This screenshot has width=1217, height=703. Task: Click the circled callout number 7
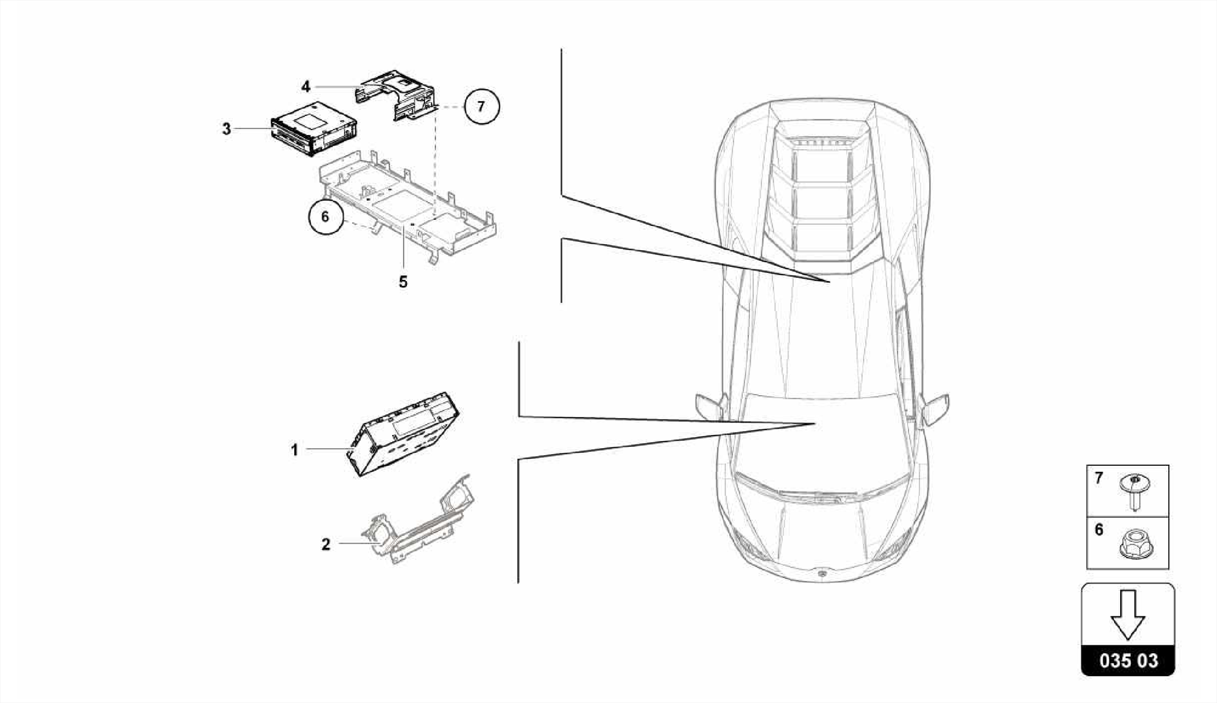pyautogui.click(x=481, y=107)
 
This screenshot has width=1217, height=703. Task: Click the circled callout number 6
pyautogui.click(x=325, y=217)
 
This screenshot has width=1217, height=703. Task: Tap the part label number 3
pyautogui.click(x=226, y=128)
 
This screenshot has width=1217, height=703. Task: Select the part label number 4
pyautogui.click(x=305, y=87)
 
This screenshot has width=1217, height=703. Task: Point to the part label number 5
pyautogui.click(x=403, y=282)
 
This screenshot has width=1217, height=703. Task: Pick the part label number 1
pyautogui.click(x=294, y=450)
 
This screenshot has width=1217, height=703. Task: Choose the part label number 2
pyautogui.click(x=326, y=544)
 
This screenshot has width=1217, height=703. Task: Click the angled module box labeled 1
pyautogui.click(x=403, y=434)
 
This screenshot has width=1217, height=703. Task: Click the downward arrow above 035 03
pyautogui.click(x=1127, y=615)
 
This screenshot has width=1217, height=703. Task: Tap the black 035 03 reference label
pyautogui.click(x=1128, y=661)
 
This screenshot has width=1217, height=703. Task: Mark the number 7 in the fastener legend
pyautogui.click(x=1099, y=478)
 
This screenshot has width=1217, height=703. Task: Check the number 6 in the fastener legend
pyautogui.click(x=1099, y=529)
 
